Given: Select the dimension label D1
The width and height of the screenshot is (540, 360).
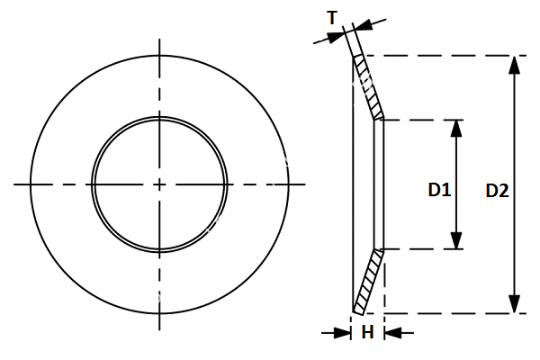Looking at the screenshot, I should tap(438, 190).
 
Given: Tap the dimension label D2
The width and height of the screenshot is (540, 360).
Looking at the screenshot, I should tap(497, 190).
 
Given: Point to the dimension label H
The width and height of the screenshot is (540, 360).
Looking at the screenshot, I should tap(367, 333).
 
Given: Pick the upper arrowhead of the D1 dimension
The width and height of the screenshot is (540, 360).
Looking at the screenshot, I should tap(457, 129).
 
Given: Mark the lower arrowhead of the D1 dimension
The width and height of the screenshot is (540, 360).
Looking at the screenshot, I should tap(457, 239).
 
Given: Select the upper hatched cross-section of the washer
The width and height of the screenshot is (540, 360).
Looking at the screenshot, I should tap(369, 87).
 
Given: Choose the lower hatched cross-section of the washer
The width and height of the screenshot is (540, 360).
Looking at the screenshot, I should tap(369, 280).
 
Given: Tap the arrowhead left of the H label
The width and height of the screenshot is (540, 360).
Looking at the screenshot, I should tap(343, 333).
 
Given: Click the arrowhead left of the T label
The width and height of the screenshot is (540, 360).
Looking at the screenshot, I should tap(337, 35).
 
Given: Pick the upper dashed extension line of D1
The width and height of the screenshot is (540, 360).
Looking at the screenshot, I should tap(423, 119).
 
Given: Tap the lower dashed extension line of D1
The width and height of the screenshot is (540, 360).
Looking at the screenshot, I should tap(423, 249).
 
